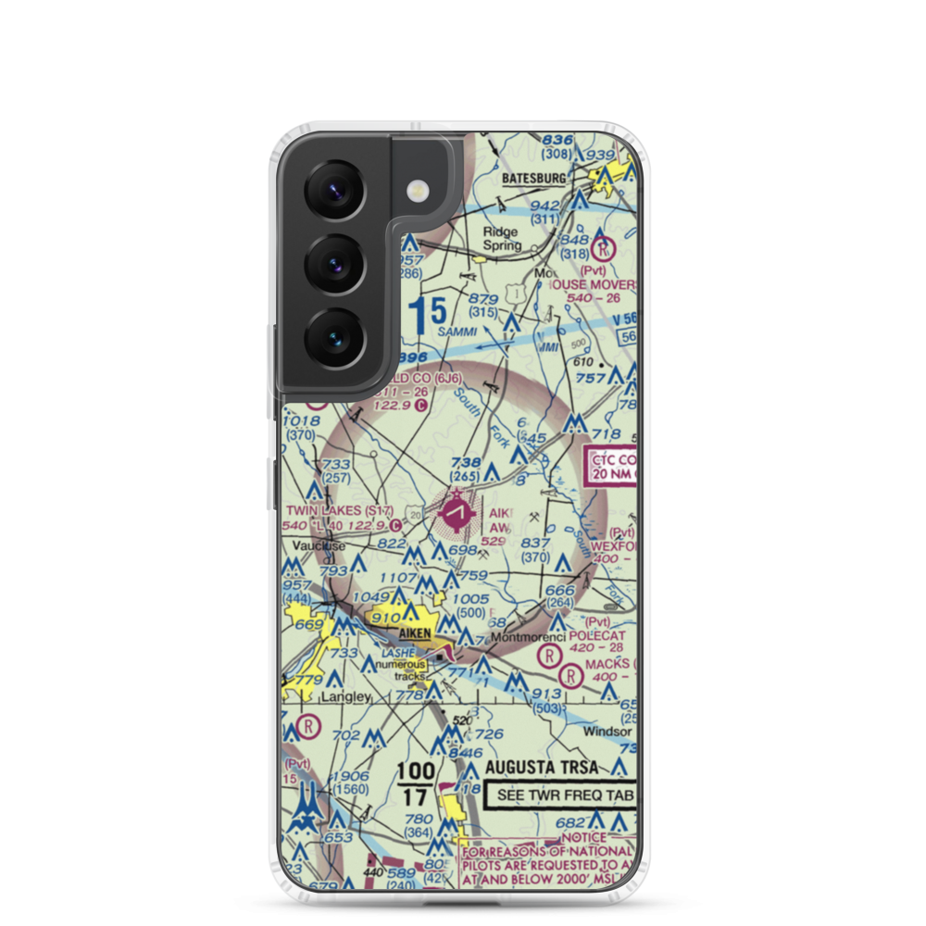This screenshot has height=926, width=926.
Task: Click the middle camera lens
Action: click(333, 264)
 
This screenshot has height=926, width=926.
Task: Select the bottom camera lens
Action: click(333, 336)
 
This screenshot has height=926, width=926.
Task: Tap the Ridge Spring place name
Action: click(501, 240)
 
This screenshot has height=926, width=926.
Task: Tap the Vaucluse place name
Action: click(319, 546)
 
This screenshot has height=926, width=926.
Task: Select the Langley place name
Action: click(345, 696)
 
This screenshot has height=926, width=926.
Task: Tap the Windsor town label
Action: click(607, 731)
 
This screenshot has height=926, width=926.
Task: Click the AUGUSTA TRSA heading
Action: click(542, 768)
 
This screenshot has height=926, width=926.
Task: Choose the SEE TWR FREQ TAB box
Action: click(562, 794)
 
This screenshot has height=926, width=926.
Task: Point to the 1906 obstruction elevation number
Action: click(351, 776)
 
